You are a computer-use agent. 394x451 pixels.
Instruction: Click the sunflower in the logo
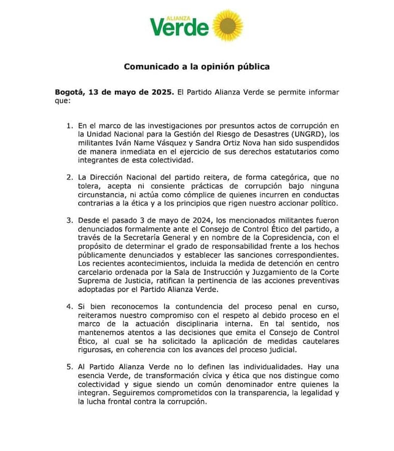click(x=228, y=25)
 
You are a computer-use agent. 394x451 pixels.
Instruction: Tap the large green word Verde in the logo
click(x=179, y=27)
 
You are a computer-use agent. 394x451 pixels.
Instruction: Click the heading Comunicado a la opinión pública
click(x=196, y=67)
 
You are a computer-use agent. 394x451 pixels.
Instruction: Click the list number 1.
click(x=70, y=126)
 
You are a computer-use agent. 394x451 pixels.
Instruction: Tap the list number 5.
click(x=70, y=368)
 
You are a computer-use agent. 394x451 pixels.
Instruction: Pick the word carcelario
click(x=99, y=274)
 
